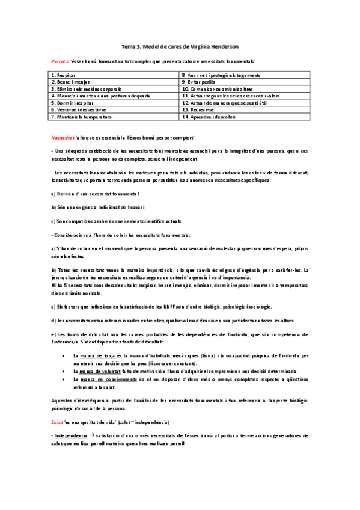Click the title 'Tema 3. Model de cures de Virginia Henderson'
(180, 46)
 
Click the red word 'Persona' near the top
(60, 61)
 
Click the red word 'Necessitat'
(63, 138)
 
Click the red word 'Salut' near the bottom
(58, 422)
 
